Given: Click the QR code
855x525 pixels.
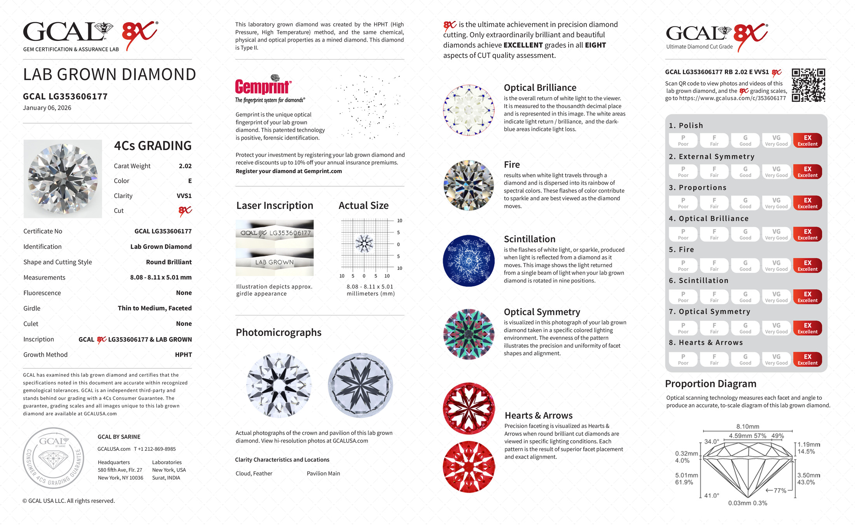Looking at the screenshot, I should point(808,85).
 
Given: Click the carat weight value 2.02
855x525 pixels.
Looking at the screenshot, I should point(185,166).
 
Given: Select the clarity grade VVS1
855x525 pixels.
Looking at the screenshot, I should point(184,196).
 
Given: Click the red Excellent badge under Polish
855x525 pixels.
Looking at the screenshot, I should point(807,140).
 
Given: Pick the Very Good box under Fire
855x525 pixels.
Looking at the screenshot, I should point(776,266).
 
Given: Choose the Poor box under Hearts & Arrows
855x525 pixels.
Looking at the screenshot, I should point(683,359).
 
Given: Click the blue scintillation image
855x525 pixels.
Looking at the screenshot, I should point(469,261).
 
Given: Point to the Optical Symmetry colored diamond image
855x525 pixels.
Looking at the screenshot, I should point(469,334).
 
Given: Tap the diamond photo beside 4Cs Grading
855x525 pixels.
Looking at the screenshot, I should point(63,179).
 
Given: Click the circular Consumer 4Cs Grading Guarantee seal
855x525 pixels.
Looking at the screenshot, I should point(53,458).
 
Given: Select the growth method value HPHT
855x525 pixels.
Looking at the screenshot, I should point(183,355).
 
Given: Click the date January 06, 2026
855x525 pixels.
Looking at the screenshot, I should point(47,108).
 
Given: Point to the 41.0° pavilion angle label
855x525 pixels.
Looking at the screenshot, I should point(711,495).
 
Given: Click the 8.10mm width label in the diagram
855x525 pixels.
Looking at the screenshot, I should point(747,427).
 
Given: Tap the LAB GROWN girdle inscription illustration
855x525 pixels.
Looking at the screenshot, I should point(274,262).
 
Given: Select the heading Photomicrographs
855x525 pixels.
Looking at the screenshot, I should point(278,332).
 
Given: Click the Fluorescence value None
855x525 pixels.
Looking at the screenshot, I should point(184,293).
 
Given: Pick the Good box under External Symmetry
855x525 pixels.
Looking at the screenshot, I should point(745,172).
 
